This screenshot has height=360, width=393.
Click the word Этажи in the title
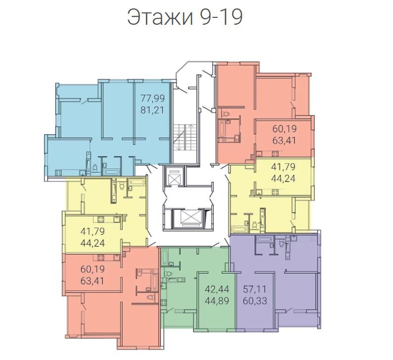coord(160,18)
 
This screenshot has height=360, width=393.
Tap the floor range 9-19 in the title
coord(221,18)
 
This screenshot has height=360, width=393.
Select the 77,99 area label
coord(152,98)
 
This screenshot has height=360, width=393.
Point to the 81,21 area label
coord(152,110)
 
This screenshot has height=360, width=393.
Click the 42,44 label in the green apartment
coord(217,289)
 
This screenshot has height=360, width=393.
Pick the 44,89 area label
coord(217,301)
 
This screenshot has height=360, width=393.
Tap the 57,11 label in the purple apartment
coord(255,289)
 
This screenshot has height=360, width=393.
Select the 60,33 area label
coord(255,301)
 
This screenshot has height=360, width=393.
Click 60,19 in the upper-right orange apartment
coord(285,129)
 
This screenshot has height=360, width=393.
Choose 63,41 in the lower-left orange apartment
coord(93,281)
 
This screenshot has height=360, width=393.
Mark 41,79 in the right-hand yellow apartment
coord(284,166)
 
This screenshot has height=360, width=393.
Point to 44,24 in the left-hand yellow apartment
coord(93,243)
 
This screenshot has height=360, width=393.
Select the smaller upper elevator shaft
coord(174,176)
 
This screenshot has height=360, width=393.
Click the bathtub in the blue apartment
coord(112,172)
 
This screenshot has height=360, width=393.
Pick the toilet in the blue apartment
coord(95,168)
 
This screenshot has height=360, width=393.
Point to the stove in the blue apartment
coord(58,172)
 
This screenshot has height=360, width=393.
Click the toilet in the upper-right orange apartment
coord(226,113)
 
